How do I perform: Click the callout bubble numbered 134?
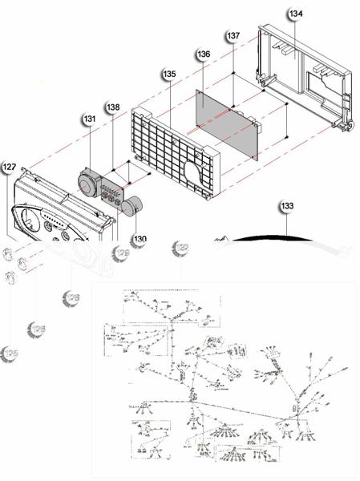(x=296, y=14)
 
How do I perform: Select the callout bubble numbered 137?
(x=233, y=37)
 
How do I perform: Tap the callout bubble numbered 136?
(x=203, y=55)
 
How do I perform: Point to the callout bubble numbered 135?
(x=169, y=74)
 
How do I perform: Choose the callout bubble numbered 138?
(x=113, y=107)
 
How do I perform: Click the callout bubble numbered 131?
(x=89, y=119)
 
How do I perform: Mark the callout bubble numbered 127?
(x=9, y=168)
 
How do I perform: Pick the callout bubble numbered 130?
(x=140, y=238)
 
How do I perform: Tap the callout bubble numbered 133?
(x=287, y=206)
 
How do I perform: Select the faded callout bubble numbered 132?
(x=181, y=249)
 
